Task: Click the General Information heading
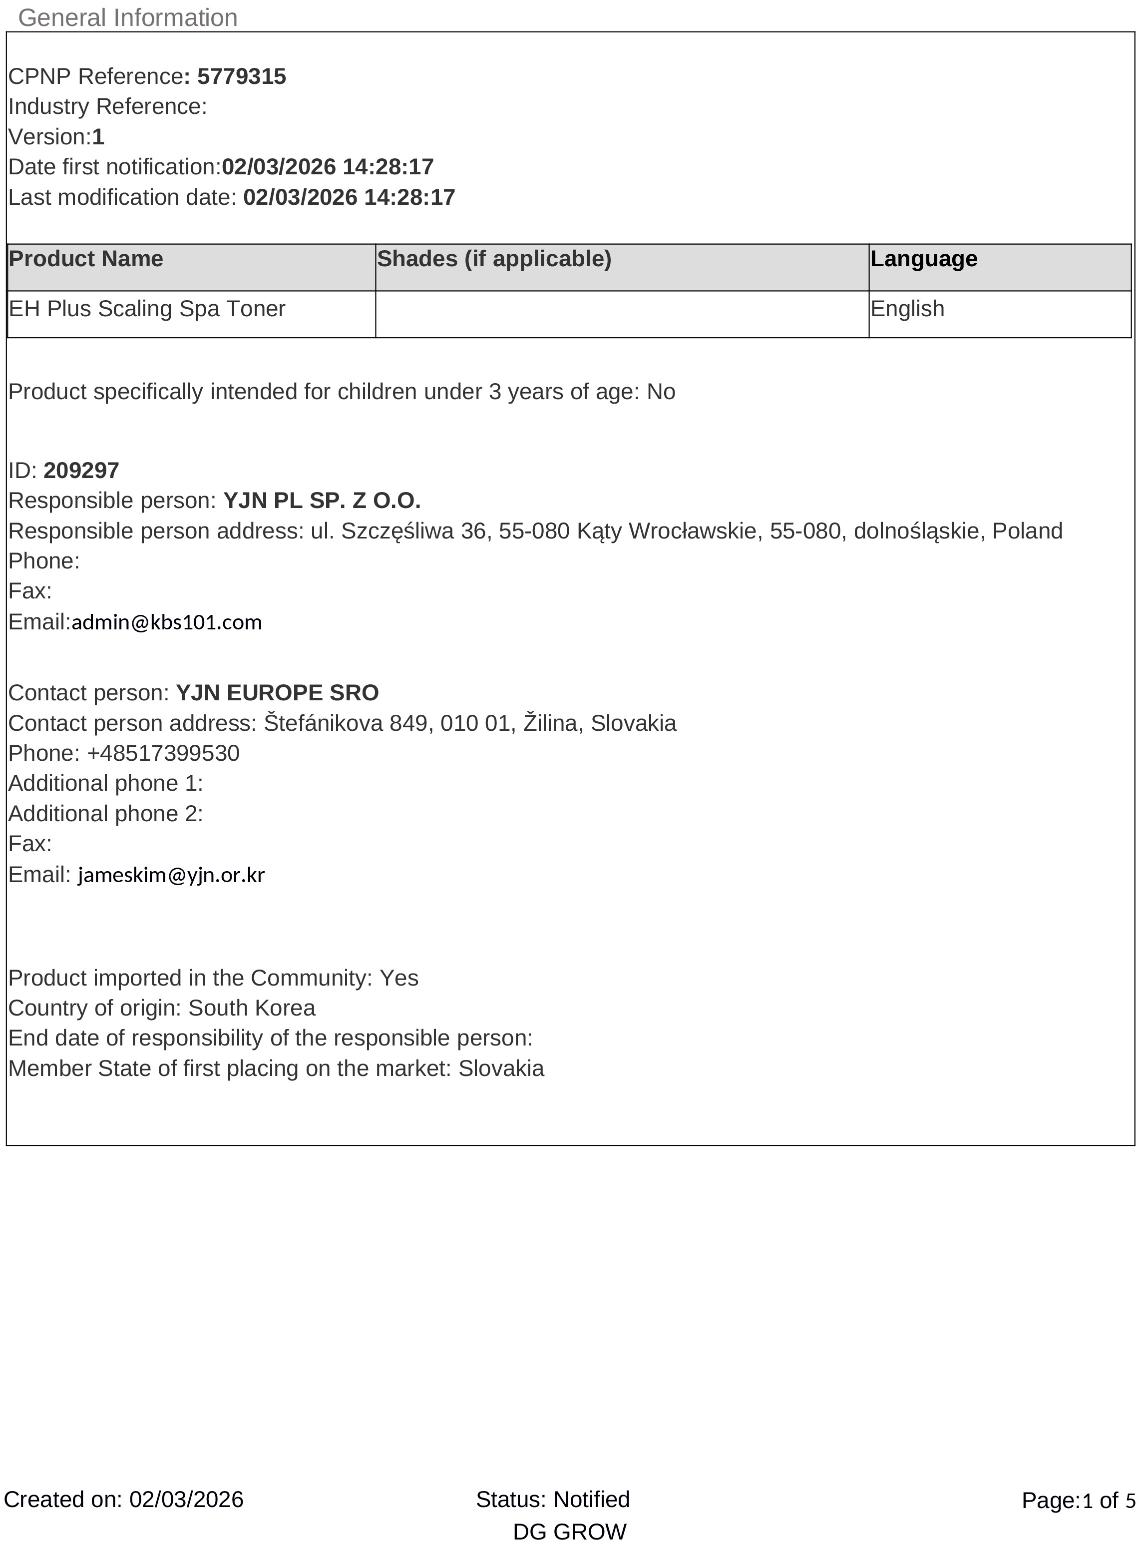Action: tap(128, 17)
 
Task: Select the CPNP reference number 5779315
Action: tap(241, 76)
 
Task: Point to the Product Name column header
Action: tap(86, 259)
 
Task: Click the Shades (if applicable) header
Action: tap(494, 259)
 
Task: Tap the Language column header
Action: tap(923, 259)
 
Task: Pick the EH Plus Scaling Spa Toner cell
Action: tap(147, 309)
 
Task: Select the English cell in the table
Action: tap(907, 309)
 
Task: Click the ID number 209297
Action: tap(81, 471)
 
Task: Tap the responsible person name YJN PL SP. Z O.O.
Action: tap(322, 501)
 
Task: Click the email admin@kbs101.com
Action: tap(166, 622)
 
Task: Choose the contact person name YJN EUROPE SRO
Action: tap(278, 692)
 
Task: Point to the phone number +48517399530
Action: tap(163, 753)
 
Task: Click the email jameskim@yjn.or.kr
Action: tap(171, 875)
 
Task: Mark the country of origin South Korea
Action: tap(252, 1008)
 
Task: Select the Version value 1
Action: tap(98, 137)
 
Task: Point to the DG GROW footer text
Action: tap(570, 1532)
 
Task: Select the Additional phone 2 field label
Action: tap(105, 813)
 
